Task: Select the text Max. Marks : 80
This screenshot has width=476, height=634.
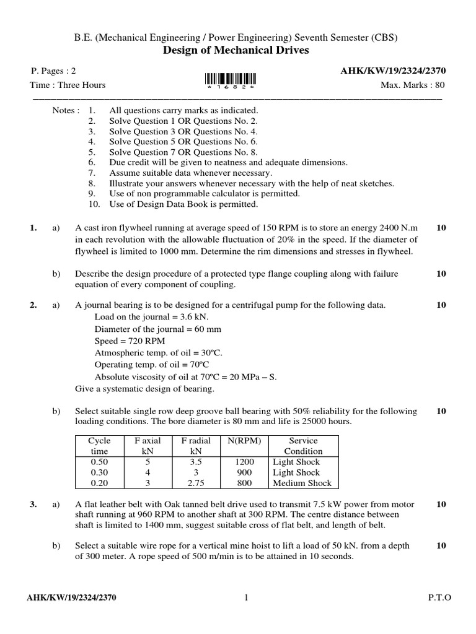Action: tap(412, 85)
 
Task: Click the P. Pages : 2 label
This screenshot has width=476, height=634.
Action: tap(53, 71)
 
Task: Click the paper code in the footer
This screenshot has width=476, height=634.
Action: tap(71, 597)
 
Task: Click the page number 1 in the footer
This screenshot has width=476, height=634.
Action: tap(246, 597)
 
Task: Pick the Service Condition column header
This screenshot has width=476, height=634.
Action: tap(303, 446)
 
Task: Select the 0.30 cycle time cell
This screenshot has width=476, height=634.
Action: tap(99, 472)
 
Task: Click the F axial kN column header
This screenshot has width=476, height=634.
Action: tap(148, 446)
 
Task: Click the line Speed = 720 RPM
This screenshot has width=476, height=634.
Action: tap(130, 341)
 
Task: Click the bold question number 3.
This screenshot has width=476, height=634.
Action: tap(34, 505)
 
